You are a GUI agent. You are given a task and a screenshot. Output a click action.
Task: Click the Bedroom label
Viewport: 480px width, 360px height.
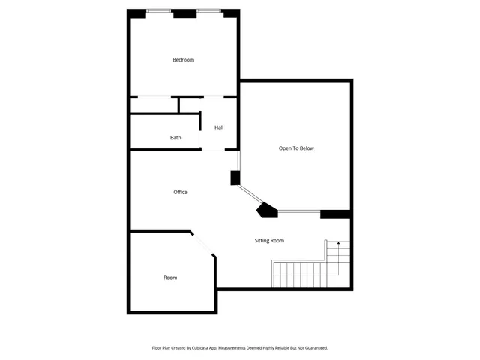[x=183, y=60]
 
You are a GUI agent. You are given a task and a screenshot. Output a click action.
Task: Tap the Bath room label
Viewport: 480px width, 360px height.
[x=175, y=138]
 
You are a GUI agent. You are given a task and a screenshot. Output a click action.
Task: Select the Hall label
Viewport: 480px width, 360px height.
[x=219, y=127]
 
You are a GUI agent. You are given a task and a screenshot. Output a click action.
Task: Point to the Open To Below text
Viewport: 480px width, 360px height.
[x=296, y=148]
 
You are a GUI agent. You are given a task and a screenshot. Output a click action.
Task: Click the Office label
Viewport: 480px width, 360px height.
[x=180, y=193]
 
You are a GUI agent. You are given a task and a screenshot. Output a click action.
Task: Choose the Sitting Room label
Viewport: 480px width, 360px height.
[x=268, y=241]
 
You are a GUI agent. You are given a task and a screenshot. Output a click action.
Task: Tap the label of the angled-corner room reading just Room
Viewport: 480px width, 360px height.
[x=170, y=277]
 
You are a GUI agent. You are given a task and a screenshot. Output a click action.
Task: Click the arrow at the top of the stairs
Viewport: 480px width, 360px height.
[x=338, y=244]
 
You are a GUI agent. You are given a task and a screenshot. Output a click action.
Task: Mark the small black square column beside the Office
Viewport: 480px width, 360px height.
[x=235, y=178]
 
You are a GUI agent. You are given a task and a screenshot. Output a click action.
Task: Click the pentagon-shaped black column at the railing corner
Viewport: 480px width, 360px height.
[x=267, y=211]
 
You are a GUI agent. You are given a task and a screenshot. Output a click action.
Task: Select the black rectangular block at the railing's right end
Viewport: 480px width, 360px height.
[x=335, y=214]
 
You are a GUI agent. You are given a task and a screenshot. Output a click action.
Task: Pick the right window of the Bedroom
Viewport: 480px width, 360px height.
[x=209, y=10]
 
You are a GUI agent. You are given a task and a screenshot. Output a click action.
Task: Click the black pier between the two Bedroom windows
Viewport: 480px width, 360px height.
[x=184, y=13]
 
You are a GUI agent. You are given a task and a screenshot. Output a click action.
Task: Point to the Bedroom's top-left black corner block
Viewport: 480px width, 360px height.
[x=136, y=13]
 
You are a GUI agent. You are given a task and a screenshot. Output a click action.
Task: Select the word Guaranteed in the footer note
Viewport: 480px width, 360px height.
[x=314, y=348]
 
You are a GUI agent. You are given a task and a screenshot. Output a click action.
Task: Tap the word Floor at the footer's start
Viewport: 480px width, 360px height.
[x=157, y=348]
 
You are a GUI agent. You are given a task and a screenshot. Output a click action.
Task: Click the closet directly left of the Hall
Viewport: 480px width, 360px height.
[x=154, y=105]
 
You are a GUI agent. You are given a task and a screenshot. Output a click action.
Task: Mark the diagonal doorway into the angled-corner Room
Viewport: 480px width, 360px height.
[x=203, y=244]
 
